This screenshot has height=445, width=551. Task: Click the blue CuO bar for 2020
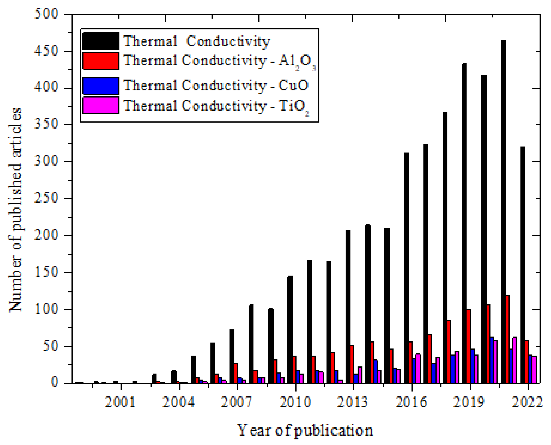click(492, 360)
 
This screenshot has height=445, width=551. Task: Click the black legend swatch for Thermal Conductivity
click(101, 41)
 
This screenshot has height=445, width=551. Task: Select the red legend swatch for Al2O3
click(101, 61)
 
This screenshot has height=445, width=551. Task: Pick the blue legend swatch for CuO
click(101, 86)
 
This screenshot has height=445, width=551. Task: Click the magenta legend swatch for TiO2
click(101, 105)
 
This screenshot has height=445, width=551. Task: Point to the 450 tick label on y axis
click(46, 51)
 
